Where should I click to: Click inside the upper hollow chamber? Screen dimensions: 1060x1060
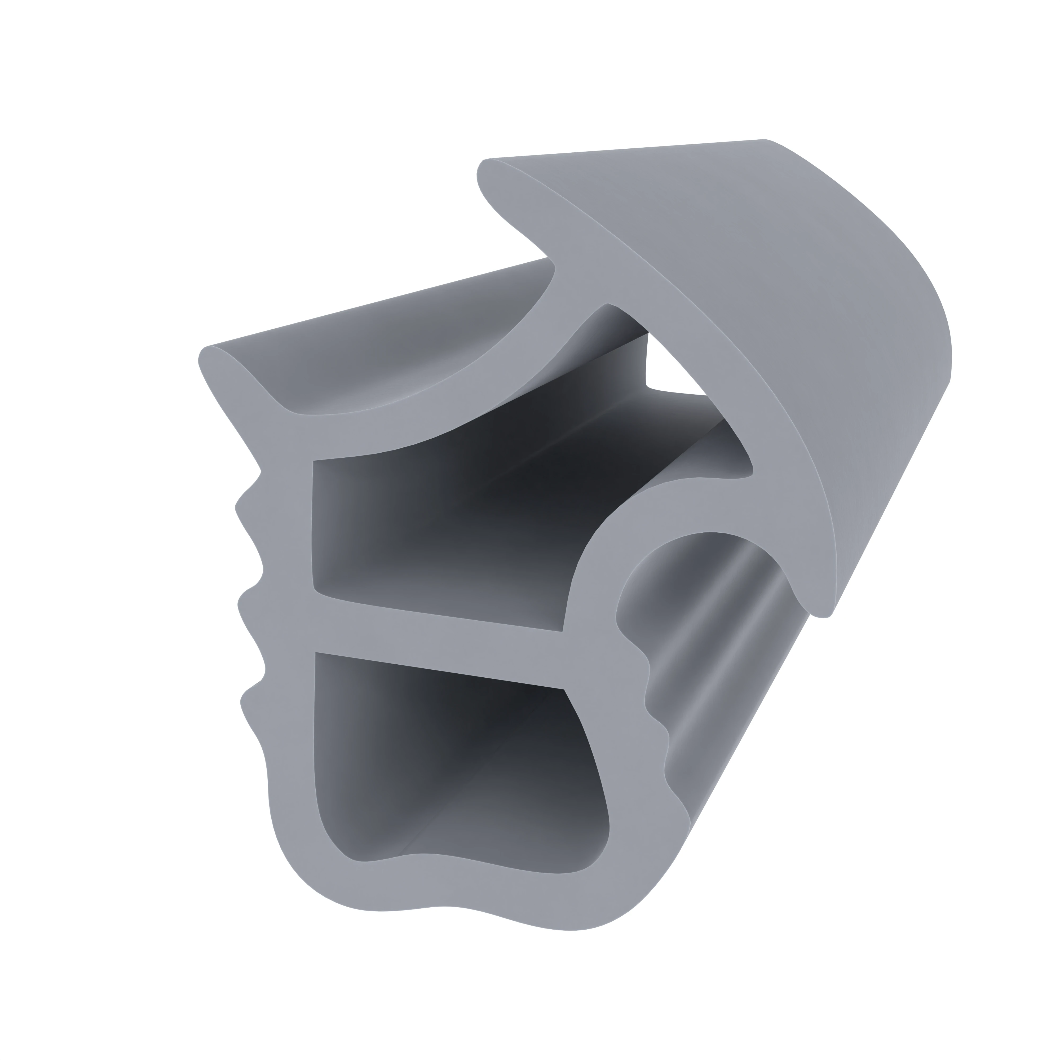pos(439,527)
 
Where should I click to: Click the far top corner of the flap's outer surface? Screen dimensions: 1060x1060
pos(765,143)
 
